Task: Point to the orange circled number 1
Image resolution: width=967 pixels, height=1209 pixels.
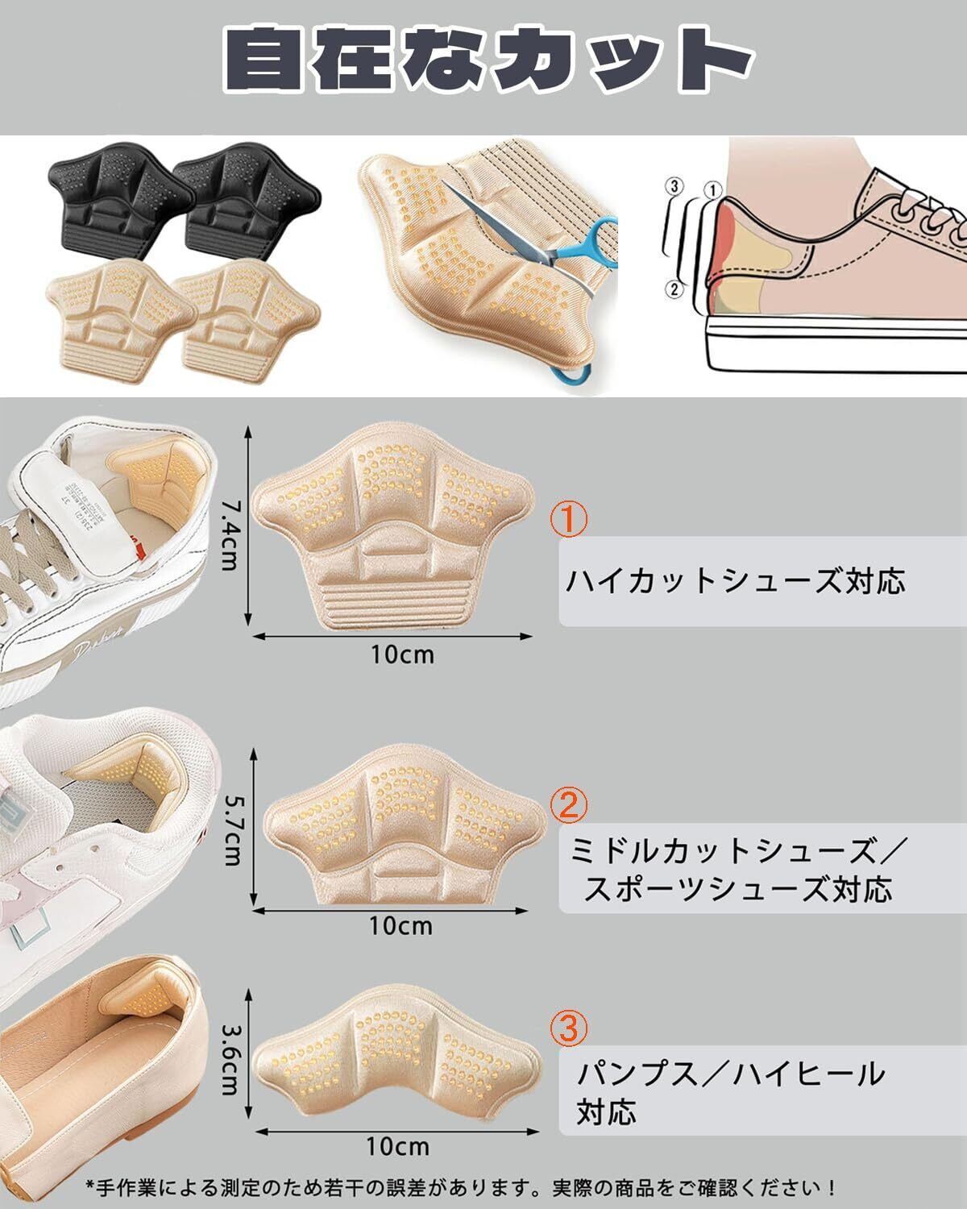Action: coord(569,520)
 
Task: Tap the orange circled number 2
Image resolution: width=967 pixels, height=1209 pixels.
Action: coord(569,804)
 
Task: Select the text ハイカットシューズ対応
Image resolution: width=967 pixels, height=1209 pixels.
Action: coord(735,581)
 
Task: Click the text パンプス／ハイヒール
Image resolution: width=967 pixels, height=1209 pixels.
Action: coord(731,1074)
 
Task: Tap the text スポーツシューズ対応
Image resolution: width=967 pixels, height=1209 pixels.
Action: coord(737,890)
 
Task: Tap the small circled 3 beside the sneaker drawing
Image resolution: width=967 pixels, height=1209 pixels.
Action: coord(676,186)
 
